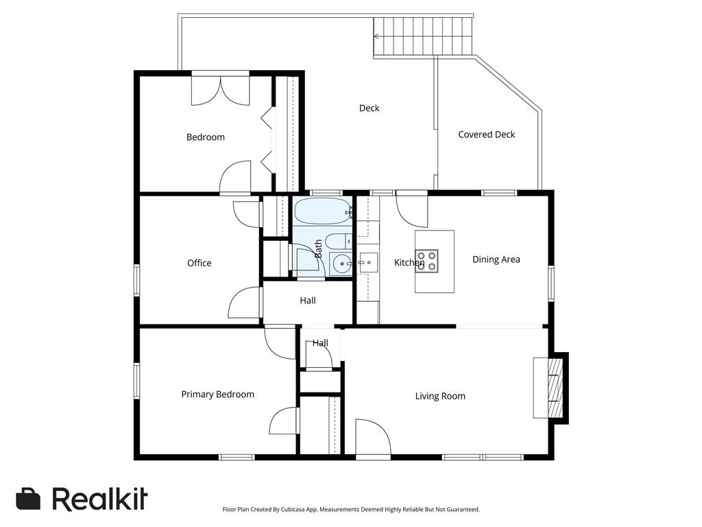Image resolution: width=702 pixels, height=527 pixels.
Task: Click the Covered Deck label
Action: [486, 134]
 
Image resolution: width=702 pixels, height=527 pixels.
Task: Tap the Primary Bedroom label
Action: [217, 395]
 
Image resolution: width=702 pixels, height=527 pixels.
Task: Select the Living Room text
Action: [440, 396]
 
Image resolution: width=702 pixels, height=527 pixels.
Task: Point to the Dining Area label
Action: [496, 259]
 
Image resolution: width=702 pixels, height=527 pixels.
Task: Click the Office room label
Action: [199, 263]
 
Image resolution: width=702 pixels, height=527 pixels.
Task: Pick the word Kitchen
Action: [409, 263]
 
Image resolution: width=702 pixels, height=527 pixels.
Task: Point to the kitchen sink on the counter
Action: [367, 262]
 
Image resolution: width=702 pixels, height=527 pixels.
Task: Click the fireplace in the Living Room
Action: [550, 387]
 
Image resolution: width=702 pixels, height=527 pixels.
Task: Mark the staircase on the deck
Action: [423, 37]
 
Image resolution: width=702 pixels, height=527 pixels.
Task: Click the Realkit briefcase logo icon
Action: [28, 499]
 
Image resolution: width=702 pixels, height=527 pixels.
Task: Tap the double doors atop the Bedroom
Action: [221, 90]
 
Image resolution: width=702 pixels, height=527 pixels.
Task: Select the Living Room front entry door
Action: [372, 439]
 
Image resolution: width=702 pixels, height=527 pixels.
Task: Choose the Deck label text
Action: [369, 108]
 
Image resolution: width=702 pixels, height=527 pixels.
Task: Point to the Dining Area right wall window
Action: [550, 283]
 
